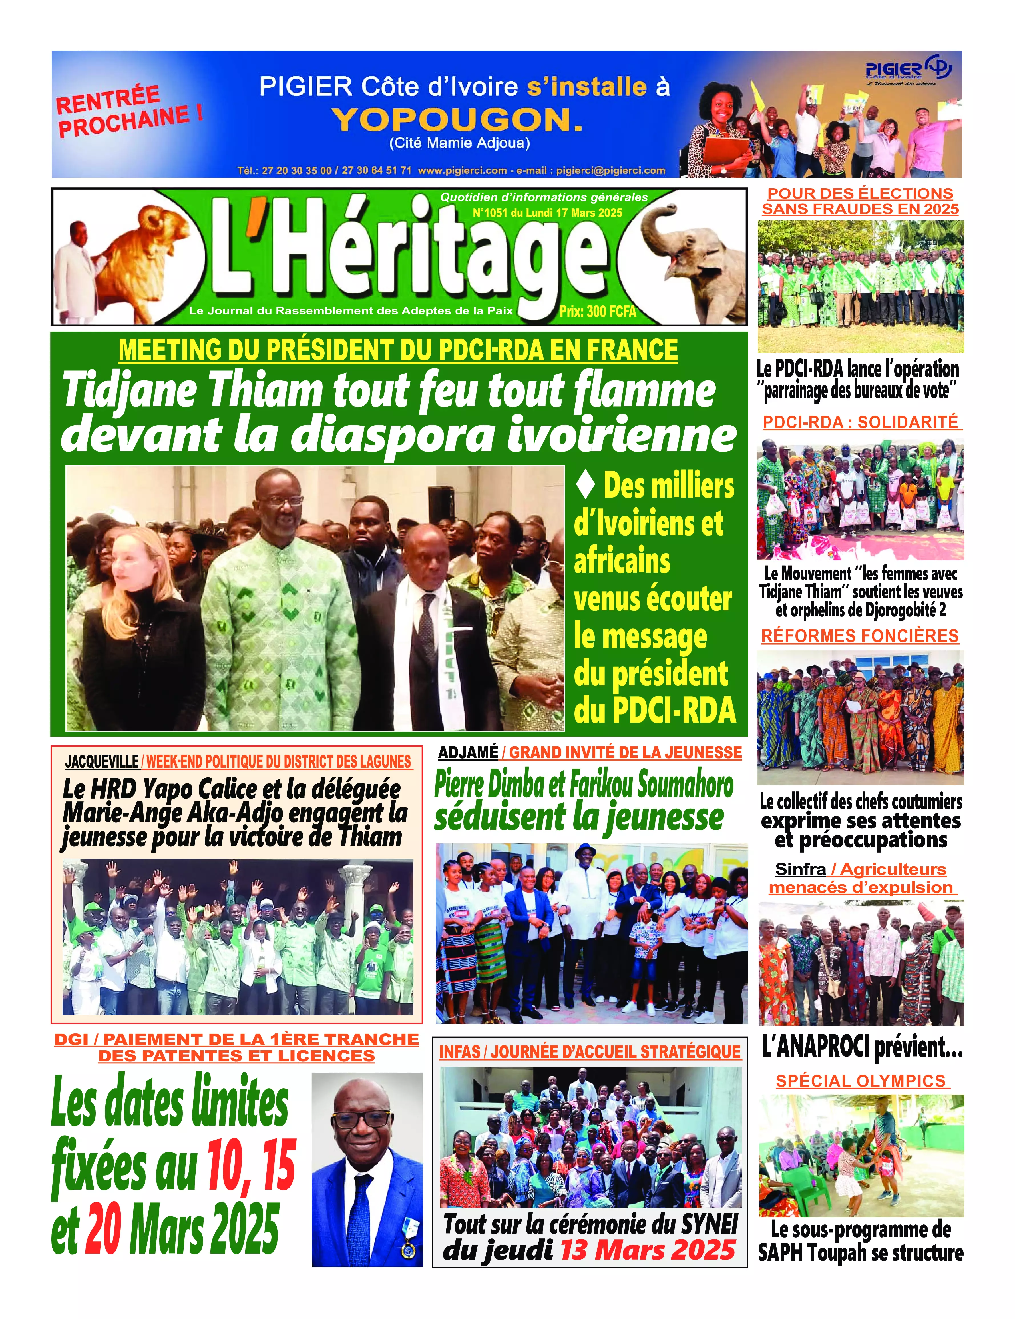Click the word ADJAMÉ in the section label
pyautogui.click(x=468, y=753)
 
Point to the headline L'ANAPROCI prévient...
pyautogui.click(x=862, y=1048)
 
